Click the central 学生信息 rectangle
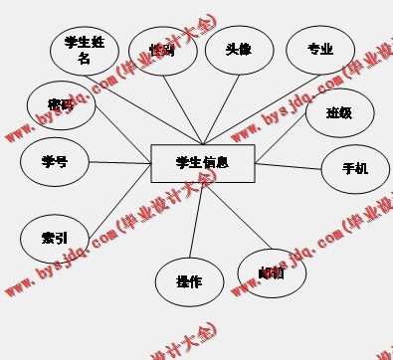(201, 163)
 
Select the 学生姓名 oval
(85, 50)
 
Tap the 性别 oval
(162, 52)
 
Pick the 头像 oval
(239, 50)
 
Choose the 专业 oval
(320, 50)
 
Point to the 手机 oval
(355, 169)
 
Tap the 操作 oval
(189, 281)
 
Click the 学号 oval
(55, 161)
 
